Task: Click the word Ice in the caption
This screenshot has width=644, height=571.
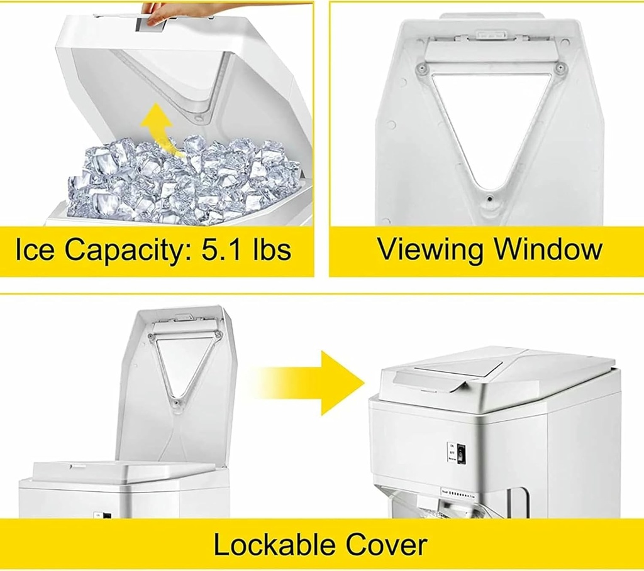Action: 36,249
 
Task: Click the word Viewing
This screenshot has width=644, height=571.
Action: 430,249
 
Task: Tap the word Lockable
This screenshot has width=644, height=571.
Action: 275,544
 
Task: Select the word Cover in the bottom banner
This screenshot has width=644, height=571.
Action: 385,544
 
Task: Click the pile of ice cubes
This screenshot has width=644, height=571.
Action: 182,179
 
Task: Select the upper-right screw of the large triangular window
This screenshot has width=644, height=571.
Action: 559,67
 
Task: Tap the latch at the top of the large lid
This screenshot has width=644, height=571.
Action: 491,35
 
